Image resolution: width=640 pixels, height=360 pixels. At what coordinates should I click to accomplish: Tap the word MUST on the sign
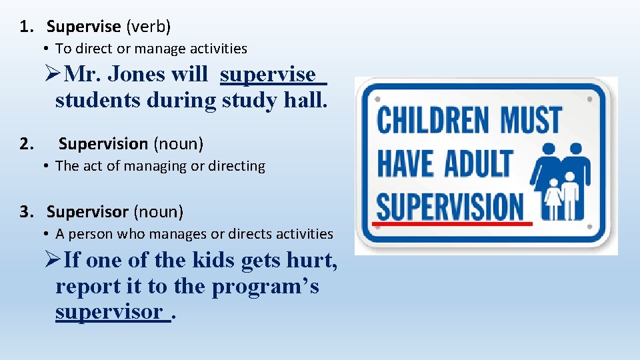pyautogui.click(x=531, y=120)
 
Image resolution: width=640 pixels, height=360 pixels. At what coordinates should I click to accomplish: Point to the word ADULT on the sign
pyautogui.click(x=479, y=163)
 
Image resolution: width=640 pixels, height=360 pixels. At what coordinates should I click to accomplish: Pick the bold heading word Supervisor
pyautogui.click(x=87, y=212)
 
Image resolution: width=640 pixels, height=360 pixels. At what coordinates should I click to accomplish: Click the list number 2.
pyautogui.click(x=26, y=144)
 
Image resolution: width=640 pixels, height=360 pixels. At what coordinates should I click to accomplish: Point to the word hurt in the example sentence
pyautogui.click(x=311, y=261)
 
